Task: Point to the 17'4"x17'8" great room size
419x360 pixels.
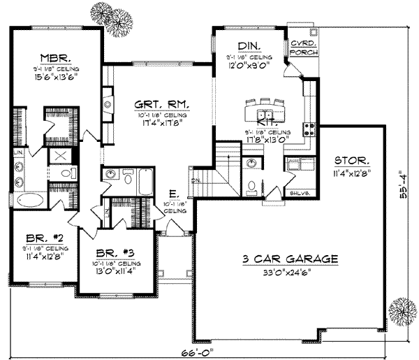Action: (162, 124)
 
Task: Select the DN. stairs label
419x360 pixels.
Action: (196, 180)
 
